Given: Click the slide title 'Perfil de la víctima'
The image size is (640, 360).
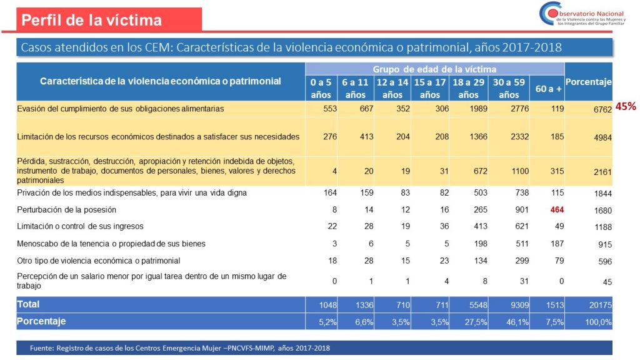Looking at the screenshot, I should click(91, 20).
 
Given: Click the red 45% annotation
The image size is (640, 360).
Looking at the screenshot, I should click(626, 106).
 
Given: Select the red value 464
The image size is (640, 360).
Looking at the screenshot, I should click(557, 210).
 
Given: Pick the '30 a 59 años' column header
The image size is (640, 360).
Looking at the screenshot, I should click(509, 88).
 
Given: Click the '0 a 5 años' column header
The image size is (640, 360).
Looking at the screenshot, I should click(321, 88).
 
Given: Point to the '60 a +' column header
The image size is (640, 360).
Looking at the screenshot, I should click(546, 89).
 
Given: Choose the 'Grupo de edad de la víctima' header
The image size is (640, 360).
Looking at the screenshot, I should click(434, 69).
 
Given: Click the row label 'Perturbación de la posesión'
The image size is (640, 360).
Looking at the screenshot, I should click(67, 210).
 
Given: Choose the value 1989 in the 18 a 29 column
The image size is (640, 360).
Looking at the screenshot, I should click(478, 109).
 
